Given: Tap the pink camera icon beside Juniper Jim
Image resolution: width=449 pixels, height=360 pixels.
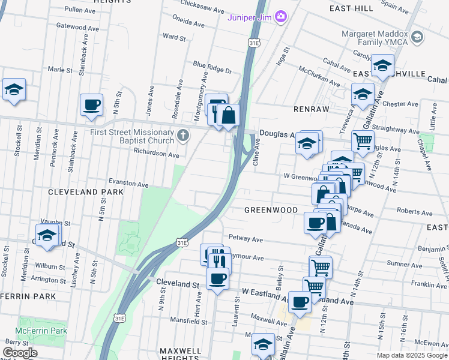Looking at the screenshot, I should pos(280,16).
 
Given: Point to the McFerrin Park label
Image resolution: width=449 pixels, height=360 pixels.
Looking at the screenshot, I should pos(42,330).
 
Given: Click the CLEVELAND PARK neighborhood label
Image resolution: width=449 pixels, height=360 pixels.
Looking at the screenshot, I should pos(85,191).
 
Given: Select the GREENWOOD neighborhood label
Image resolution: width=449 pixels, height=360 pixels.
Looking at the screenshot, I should pos(271,210).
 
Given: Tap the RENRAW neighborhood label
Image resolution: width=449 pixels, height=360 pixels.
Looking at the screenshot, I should pos(309,110).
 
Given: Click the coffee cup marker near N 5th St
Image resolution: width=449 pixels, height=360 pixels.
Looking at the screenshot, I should pos(91,106).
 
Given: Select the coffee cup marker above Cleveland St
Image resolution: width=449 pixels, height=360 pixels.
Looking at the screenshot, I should pos(217,278).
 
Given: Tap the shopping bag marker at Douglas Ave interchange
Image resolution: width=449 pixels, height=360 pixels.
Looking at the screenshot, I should pos(229,115).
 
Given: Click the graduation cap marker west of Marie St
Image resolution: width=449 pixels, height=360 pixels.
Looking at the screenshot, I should pos(14,90).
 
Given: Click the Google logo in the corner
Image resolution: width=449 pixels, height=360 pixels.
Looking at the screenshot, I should pos(19,353).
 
